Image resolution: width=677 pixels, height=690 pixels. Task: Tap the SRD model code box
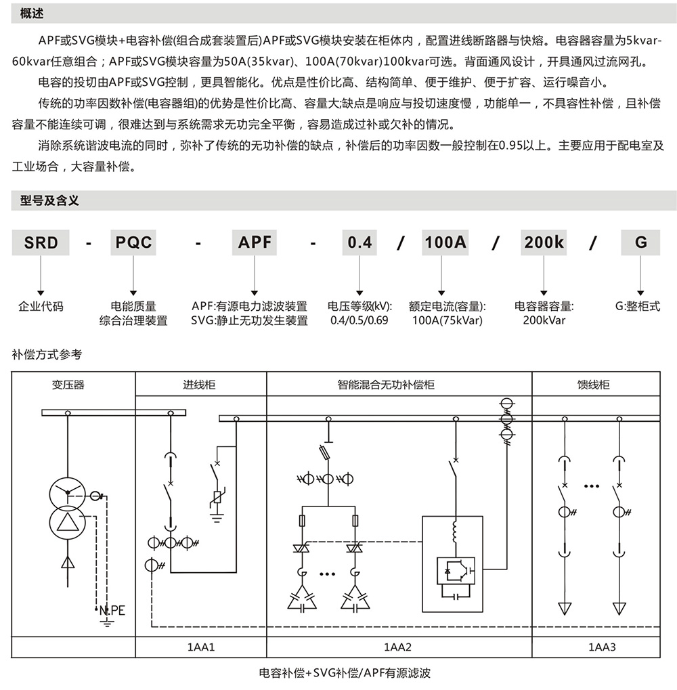point(41,242)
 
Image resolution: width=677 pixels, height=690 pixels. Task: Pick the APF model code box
point(255,242)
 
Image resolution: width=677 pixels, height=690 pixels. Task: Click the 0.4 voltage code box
point(359,242)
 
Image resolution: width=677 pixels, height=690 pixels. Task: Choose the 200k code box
point(544,242)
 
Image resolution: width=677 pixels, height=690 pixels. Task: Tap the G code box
point(640,242)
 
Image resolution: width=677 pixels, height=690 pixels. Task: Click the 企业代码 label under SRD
point(41,306)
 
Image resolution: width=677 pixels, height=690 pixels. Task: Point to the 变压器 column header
point(68,385)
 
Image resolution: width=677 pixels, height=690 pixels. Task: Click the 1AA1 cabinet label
point(201,647)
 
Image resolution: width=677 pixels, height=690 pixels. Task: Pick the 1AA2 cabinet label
point(398,647)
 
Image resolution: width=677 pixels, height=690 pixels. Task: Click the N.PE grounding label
point(112,610)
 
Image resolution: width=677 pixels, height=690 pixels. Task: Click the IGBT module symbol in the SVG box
point(457,570)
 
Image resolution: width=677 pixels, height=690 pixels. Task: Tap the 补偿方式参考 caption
point(47,353)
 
